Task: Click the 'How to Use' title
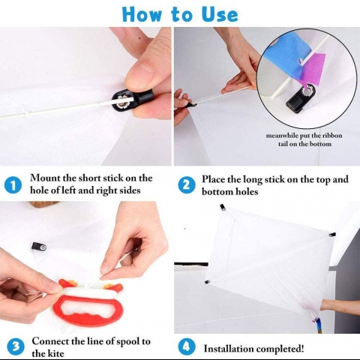(x=180, y=13)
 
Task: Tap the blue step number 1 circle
(x=13, y=184)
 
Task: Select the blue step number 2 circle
(x=187, y=184)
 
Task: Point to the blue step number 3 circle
(x=13, y=346)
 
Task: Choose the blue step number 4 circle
(x=187, y=347)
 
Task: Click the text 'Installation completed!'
(x=253, y=348)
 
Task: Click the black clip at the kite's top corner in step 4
(x=223, y=208)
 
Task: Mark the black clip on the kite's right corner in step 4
(x=331, y=234)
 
